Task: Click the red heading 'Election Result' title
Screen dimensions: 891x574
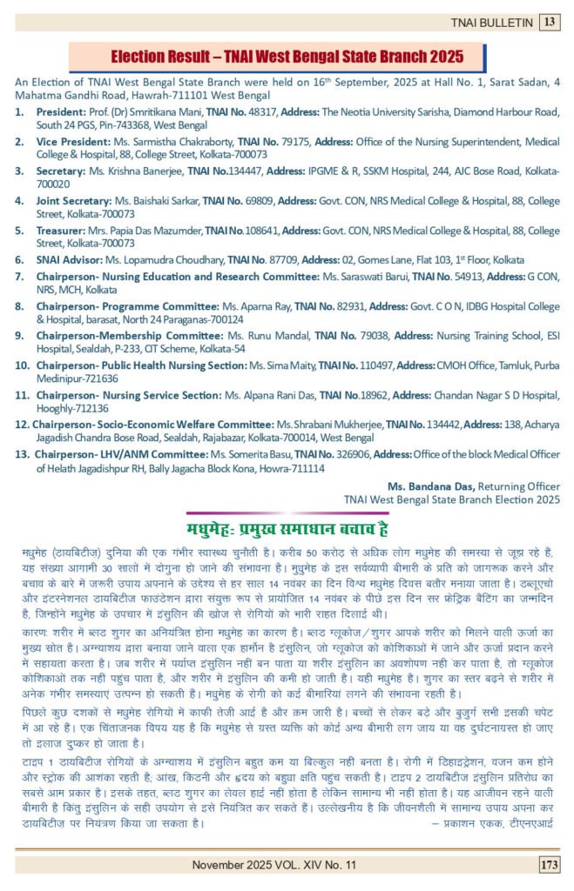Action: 287,57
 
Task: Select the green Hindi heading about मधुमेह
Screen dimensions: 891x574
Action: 287,529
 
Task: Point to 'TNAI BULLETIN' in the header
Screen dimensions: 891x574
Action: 490,22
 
